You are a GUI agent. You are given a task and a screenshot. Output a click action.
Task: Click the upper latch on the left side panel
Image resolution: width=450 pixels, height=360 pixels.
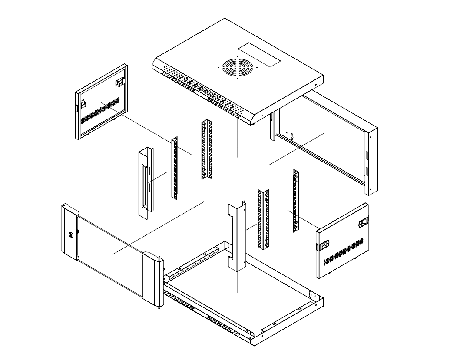[119, 81]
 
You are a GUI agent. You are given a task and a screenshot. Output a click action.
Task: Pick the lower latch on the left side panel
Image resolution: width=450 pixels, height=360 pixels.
[81, 105]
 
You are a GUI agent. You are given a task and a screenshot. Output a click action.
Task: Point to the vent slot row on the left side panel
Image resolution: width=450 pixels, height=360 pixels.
[100, 109]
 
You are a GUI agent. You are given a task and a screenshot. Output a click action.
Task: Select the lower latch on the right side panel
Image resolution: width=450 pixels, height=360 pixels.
[323, 245]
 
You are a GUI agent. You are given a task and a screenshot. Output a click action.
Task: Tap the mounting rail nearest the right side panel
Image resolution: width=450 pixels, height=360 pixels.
[297, 200]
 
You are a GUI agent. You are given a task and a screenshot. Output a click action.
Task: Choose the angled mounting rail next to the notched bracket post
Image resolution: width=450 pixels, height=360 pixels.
[264, 219]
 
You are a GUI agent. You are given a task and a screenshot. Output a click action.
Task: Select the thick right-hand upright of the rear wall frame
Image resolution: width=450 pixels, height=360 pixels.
[373, 161]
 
